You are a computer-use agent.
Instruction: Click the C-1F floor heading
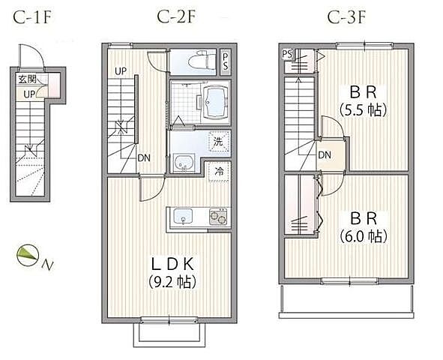pos(32,18)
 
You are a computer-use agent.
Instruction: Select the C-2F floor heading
pos(176,17)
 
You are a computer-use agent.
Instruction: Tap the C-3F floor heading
pos(346,17)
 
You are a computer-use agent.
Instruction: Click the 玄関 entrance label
pos(28,79)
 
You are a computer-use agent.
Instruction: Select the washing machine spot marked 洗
pos(219,142)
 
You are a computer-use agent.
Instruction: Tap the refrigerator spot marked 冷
pos(220,171)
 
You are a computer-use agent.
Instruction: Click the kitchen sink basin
pos(183,216)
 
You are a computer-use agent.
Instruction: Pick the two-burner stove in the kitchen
pos(218,217)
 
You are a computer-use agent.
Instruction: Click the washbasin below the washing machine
pos(184,163)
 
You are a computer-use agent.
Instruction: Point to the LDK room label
pos(172,265)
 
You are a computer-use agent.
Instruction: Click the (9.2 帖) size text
pos(172,281)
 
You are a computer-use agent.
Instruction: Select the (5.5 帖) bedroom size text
pos(363,110)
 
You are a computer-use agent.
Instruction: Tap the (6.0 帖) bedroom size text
pos(363,236)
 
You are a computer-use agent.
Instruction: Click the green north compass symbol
pos(28,255)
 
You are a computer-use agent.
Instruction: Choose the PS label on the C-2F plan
pos(225,61)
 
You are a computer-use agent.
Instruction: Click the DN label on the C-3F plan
pos(325,154)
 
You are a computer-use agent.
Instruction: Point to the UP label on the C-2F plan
pos(121,71)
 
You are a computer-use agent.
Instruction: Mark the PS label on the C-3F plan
pos(287,54)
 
